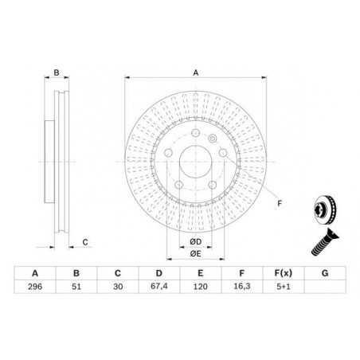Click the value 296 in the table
tap(35, 287)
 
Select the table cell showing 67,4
tap(158, 287)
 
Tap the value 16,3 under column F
tap(242, 287)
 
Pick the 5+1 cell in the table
tap(284, 287)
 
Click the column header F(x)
tap(284, 273)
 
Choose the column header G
tap(325, 273)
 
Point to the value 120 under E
tap(201, 287)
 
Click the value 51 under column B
tap(76, 287)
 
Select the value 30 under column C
tap(118, 287)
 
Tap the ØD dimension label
tap(196, 242)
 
